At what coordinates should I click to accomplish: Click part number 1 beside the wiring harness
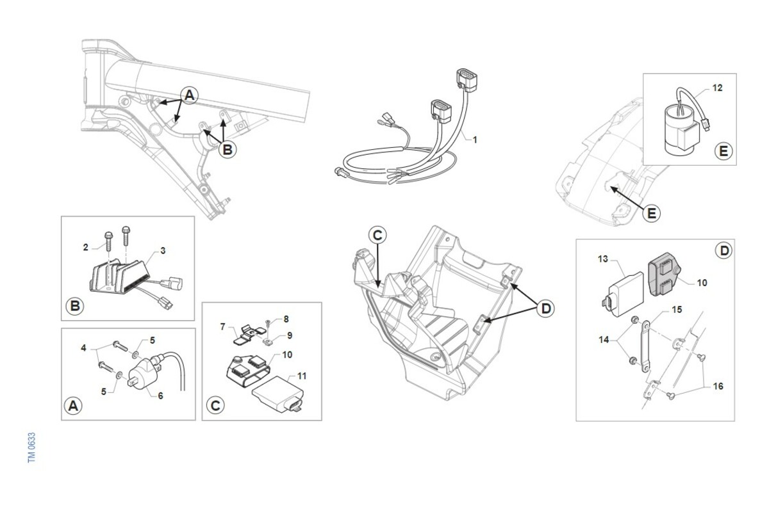tap(475, 139)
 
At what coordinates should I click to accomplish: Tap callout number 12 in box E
tap(717, 88)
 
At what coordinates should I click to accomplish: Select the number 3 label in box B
tap(163, 251)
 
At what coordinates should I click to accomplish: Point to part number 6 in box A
tap(160, 396)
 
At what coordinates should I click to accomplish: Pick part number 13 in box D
tap(602, 259)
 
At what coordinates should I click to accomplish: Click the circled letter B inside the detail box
tap(75, 306)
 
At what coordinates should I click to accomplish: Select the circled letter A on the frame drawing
tap(189, 95)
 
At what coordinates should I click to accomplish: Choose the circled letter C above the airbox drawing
tap(377, 235)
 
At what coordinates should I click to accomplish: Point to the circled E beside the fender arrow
tap(651, 213)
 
